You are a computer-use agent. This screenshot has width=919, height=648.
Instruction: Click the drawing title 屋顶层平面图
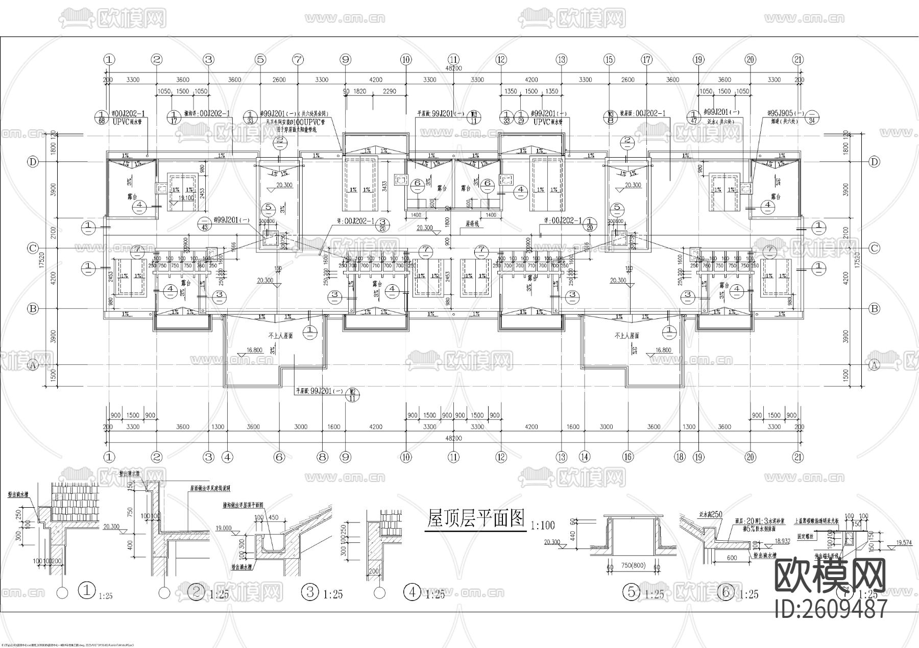pos(475,519)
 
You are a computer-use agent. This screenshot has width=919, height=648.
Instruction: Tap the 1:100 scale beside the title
pos(542,525)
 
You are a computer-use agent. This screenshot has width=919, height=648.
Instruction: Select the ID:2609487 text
pos(831,608)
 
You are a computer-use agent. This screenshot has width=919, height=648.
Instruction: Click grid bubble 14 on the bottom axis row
pos(585,457)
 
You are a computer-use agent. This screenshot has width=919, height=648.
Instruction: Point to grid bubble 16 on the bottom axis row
pos(628,457)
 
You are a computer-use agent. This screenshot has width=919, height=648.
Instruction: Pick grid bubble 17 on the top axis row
pos(647,59)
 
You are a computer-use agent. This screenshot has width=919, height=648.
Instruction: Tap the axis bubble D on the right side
pos(875,162)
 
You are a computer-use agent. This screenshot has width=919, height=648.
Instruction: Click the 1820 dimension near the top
pos(359,91)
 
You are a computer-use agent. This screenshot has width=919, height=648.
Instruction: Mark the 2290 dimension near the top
pos(389,91)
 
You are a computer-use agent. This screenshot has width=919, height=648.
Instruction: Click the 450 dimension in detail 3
pos(273,517)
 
